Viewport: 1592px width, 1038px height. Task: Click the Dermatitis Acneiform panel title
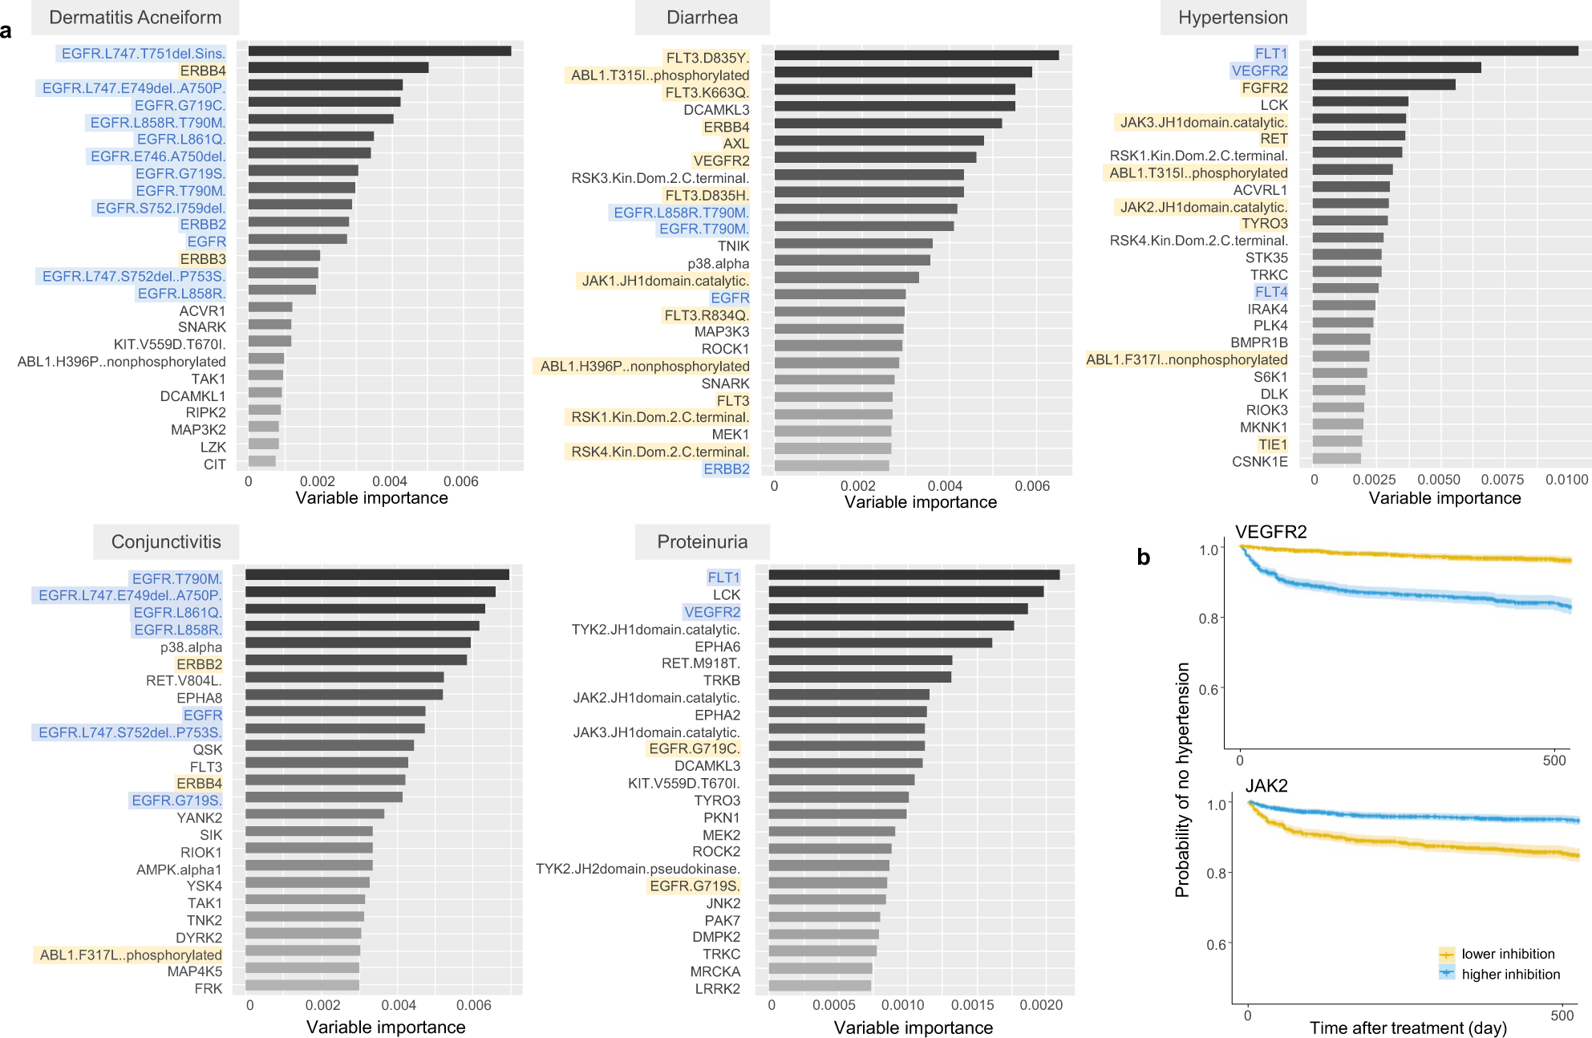tap(135, 18)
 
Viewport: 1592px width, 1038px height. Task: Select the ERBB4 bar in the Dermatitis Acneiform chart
tap(338, 68)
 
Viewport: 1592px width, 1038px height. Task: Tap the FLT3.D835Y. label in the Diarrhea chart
tap(707, 58)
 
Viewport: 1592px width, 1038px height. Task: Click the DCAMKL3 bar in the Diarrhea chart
tap(894, 106)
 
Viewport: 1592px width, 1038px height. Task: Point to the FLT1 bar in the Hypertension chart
tap(1444, 51)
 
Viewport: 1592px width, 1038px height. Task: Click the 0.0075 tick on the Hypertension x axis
tap(1502, 480)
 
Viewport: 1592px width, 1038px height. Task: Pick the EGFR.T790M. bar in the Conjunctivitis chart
tap(377, 574)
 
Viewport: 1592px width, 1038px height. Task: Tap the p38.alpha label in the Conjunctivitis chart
tap(191, 647)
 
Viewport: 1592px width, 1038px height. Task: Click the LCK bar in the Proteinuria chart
tap(905, 592)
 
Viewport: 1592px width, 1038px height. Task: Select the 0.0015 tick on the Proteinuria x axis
tap(973, 1005)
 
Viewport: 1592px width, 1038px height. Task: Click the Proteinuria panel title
tap(702, 542)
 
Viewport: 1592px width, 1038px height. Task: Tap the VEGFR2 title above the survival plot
tap(1270, 532)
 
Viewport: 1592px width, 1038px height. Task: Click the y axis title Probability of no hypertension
tap(1182, 779)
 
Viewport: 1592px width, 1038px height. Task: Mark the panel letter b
tap(1144, 557)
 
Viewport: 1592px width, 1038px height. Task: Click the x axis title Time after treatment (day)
tap(1408, 1028)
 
